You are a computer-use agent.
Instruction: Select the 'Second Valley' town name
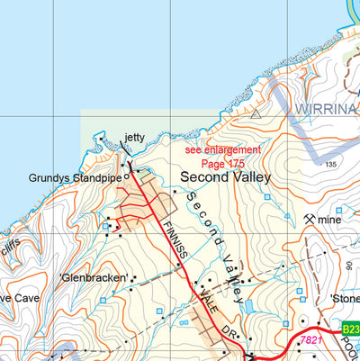click(x=225, y=177)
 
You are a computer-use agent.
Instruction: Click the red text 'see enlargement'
click(x=222, y=149)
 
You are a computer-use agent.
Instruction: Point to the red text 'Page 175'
click(x=224, y=163)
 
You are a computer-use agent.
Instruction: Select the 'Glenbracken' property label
click(x=94, y=278)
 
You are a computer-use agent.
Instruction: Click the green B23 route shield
click(x=349, y=329)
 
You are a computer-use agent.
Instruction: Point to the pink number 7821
click(x=311, y=339)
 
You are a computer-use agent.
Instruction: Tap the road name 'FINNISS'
click(x=174, y=241)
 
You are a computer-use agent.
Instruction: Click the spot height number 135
click(x=330, y=165)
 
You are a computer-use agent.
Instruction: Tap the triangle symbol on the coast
click(x=256, y=114)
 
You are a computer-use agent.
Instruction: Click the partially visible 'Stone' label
click(x=345, y=298)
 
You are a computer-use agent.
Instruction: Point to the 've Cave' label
click(x=17, y=298)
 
